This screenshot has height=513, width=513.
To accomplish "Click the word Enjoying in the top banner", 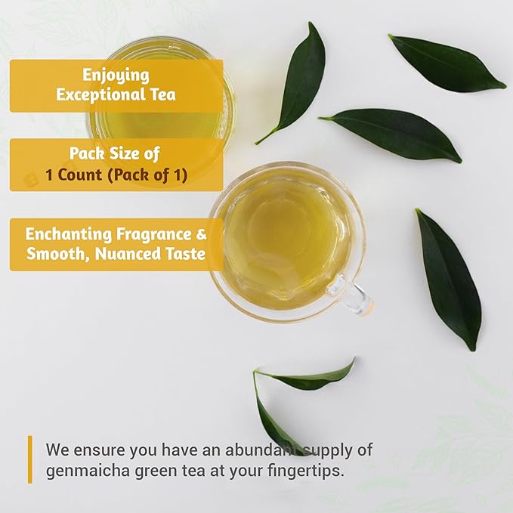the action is (x=116, y=76).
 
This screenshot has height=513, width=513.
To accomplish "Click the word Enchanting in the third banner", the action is (x=69, y=234).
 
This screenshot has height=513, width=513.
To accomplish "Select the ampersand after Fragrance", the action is (x=202, y=234).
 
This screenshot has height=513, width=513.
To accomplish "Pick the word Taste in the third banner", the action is (x=187, y=254).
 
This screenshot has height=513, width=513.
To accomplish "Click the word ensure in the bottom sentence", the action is (x=99, y=450).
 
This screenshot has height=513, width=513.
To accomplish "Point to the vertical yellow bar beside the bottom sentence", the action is (x=30, y=459).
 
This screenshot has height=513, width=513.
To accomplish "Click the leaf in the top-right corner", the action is (x=447, y=62).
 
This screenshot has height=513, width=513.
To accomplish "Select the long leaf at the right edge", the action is (x=449, y=280).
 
